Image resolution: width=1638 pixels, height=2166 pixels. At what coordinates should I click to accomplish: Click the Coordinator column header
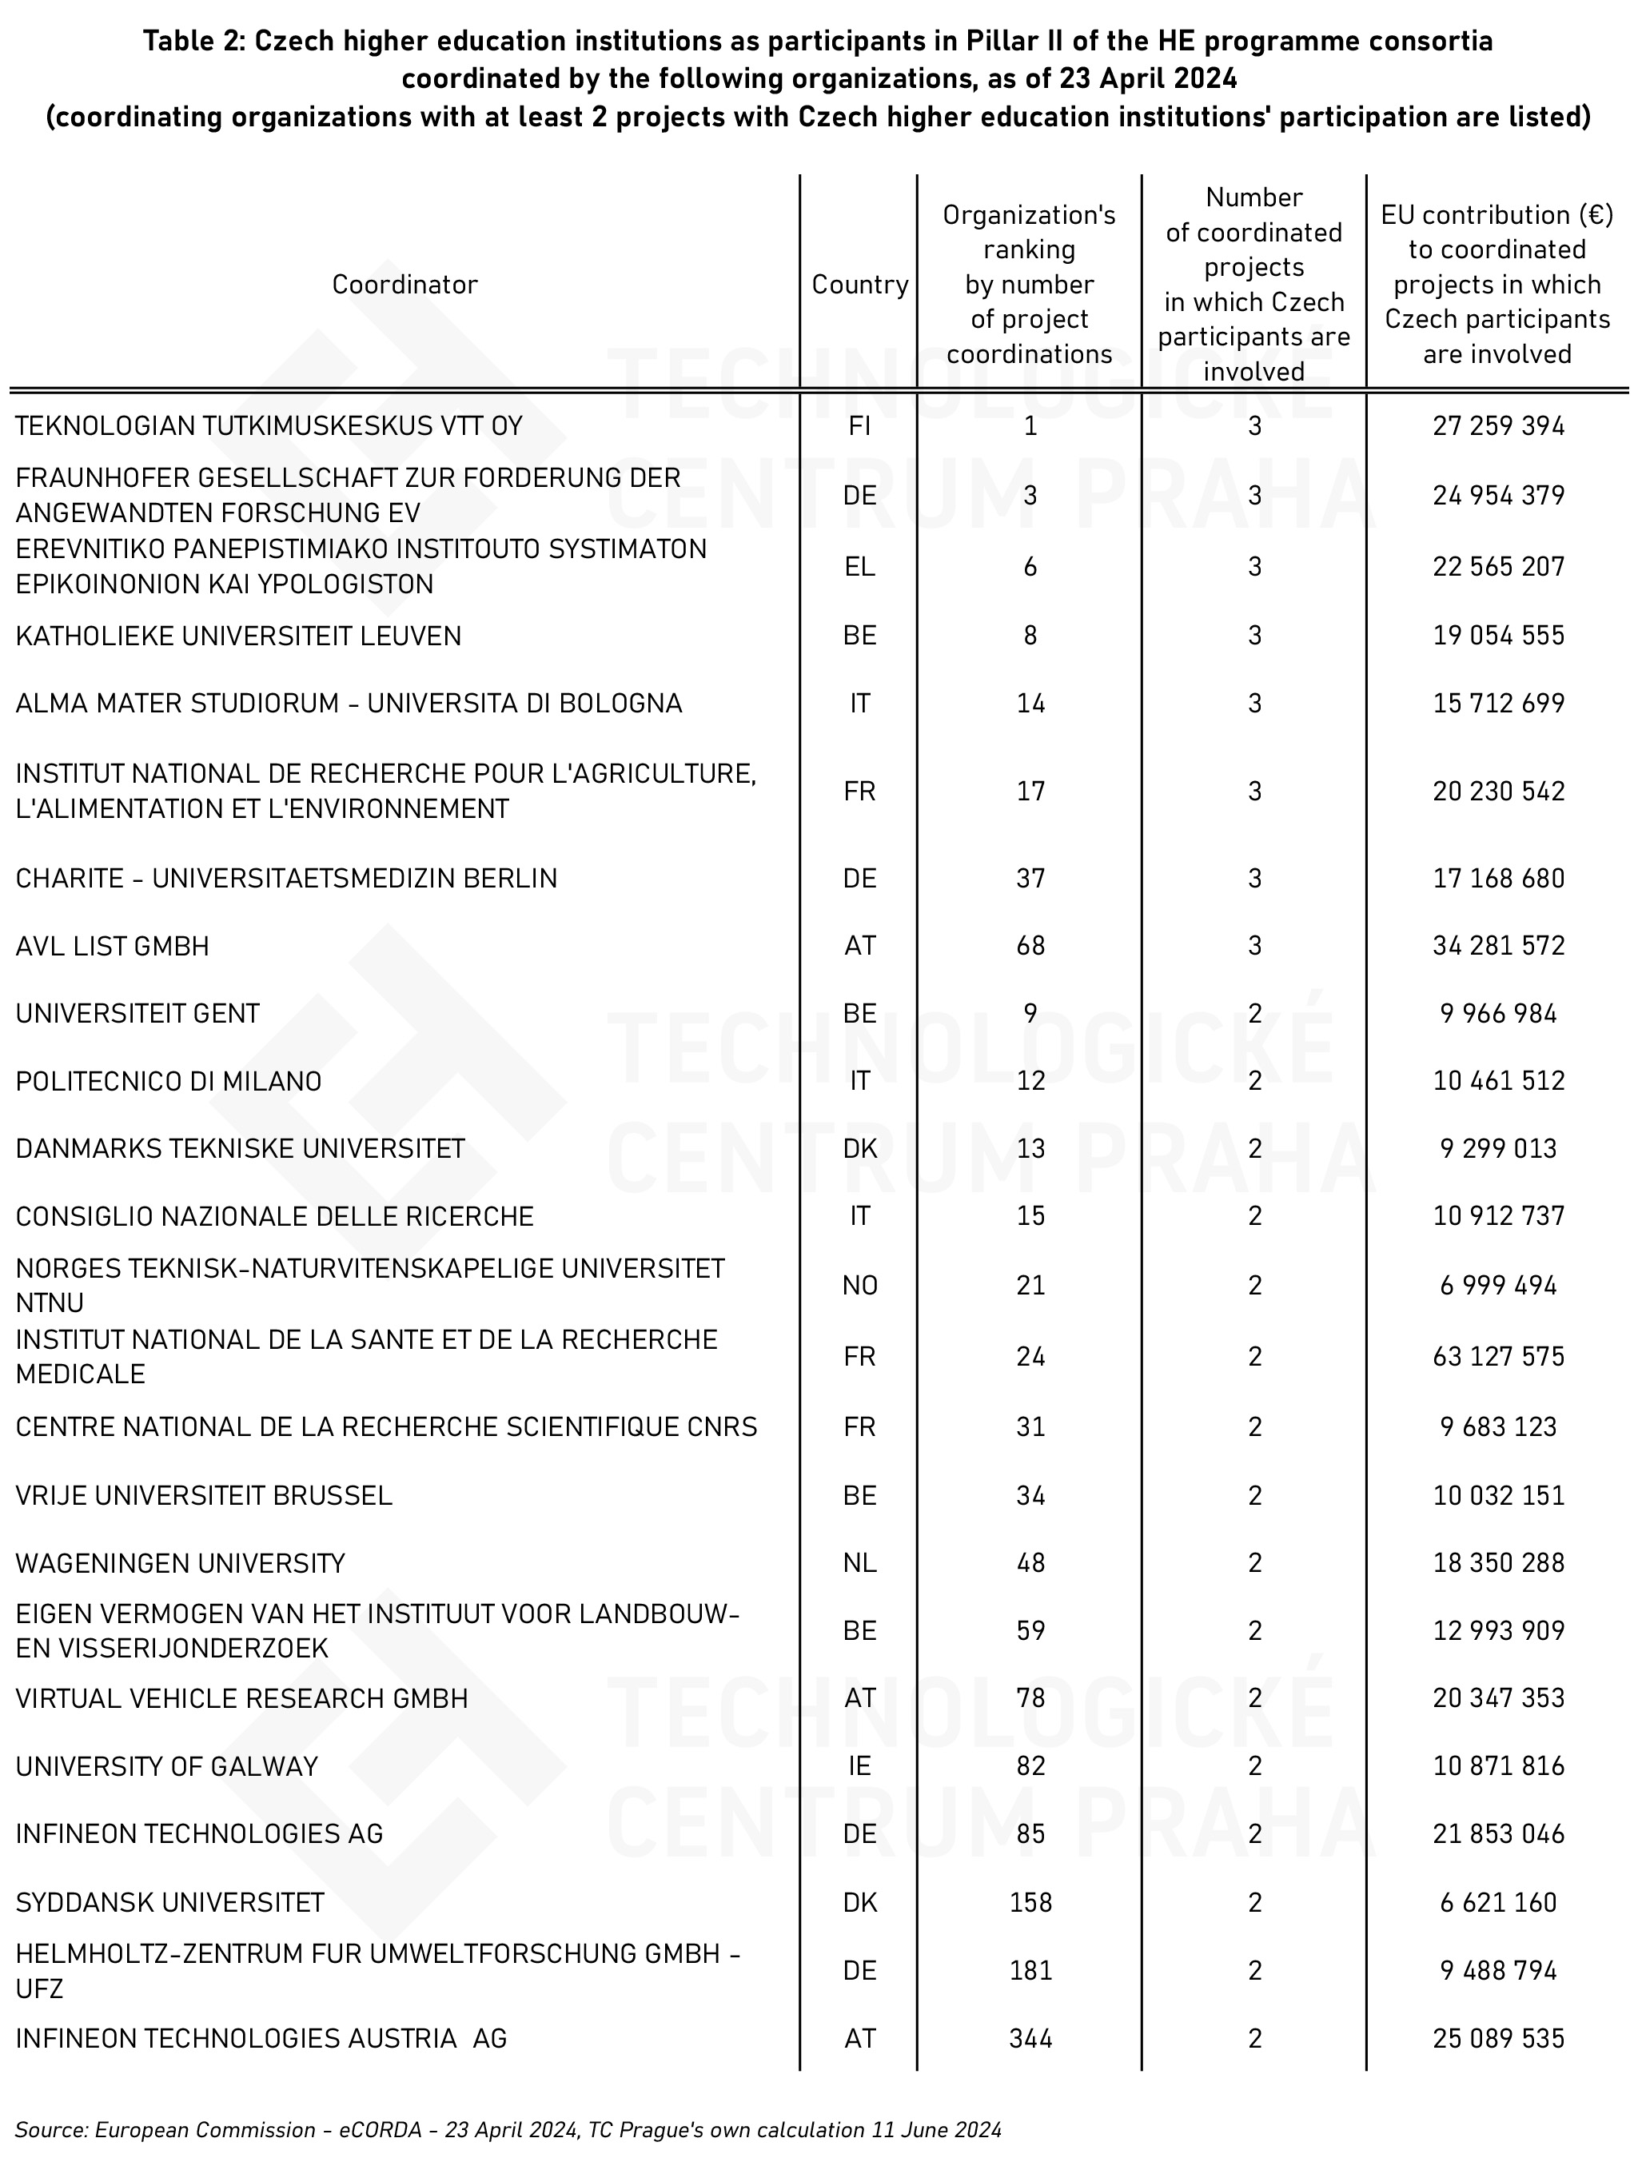405,285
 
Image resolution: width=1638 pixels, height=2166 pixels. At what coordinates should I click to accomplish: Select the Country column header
859,285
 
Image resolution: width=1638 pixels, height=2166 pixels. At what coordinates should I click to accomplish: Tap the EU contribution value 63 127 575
1498,1356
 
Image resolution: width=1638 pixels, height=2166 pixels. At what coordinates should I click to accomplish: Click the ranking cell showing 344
1030,2039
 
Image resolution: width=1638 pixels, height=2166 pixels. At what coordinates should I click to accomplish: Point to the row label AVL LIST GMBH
113,946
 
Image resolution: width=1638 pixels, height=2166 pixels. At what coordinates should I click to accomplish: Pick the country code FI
859,426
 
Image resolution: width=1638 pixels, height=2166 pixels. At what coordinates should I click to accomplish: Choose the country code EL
859,567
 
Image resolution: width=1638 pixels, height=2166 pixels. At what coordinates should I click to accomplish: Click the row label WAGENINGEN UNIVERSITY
180,1563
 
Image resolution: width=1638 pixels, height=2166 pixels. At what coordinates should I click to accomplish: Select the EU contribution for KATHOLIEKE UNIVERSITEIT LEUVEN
1498,636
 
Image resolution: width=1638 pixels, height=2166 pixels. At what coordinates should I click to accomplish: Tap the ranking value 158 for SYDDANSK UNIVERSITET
1030,1903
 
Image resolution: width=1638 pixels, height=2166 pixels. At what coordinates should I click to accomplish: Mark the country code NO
859,1285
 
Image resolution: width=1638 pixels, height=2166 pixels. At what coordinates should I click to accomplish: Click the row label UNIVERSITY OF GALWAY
166,1766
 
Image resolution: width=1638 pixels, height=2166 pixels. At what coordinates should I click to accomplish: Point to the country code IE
859,1766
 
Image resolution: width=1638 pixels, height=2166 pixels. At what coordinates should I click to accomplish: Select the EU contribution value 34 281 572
1498,946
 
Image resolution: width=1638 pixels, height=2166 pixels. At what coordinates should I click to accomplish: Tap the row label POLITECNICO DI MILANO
169,1081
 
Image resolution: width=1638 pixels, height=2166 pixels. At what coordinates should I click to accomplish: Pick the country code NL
859,1563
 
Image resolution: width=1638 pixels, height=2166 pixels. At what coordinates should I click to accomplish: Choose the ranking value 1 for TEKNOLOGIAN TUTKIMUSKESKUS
1030,426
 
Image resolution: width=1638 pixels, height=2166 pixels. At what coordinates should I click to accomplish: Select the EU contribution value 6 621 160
1498,1903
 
